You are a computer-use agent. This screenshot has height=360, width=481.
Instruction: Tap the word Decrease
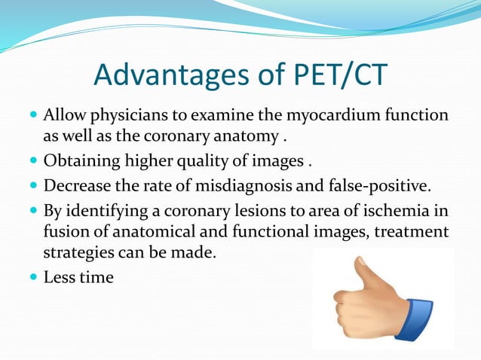click(x=75, y=185)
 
